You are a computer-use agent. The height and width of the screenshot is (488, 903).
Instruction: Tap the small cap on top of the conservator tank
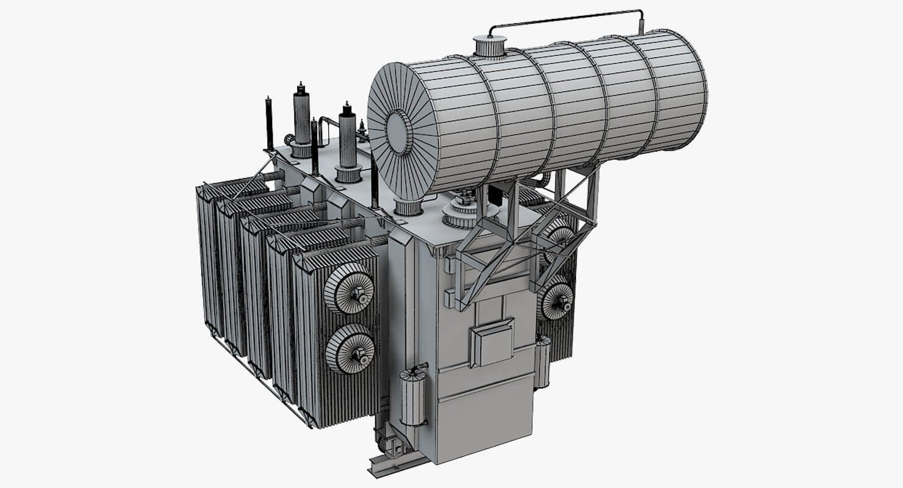[490, 46]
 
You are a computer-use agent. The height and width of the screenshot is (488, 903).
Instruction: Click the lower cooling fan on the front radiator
[350, 349]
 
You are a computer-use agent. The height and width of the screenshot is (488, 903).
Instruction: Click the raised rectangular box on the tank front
[493, 343]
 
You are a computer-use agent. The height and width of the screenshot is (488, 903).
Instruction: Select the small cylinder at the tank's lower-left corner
[413, 398]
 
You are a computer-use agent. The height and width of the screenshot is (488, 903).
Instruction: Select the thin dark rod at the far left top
[268, 122]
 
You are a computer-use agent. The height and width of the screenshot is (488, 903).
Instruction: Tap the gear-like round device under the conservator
[467, 210]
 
